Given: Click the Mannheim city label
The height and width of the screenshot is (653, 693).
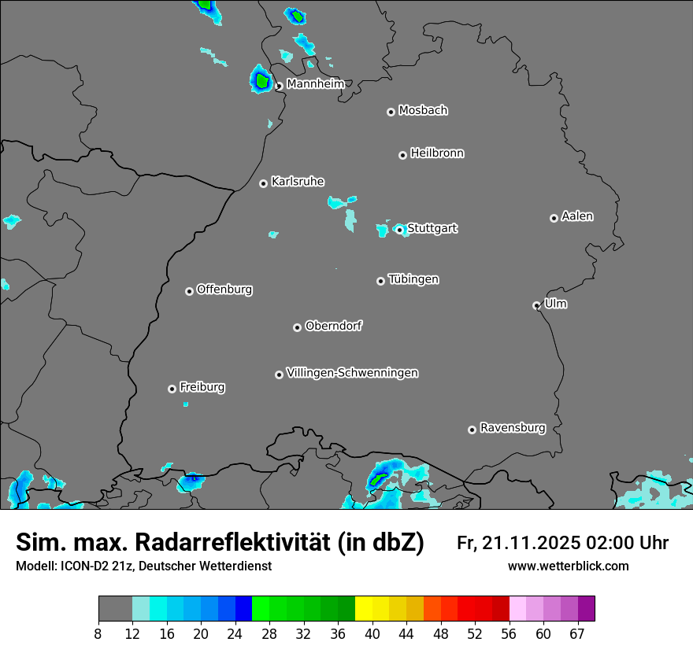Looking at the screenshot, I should coord(314,84).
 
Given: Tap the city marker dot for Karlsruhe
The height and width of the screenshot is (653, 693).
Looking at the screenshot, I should coord(264,183).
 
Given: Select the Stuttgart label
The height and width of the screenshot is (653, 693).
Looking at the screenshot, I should coord(432,229).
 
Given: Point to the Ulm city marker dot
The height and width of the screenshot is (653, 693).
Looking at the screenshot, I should coord(536,305).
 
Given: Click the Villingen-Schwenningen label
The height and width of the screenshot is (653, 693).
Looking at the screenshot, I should coord(352,373).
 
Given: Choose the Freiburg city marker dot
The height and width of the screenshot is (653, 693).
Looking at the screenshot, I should coord(172,389).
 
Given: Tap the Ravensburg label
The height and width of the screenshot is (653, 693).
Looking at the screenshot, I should coord(512,429).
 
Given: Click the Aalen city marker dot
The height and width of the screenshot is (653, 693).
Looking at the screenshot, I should coord(554,218).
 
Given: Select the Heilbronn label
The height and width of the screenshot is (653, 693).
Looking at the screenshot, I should coord(437,153).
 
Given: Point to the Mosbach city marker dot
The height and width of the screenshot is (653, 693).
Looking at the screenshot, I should coord(391,112).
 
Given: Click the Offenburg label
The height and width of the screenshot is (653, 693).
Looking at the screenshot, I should coord(224,290).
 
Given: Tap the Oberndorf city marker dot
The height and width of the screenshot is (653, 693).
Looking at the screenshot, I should coord(297,327).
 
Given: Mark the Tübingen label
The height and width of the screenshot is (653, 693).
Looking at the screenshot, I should coord(413,280).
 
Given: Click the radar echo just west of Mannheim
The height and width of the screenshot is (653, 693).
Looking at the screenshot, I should coord(261,79).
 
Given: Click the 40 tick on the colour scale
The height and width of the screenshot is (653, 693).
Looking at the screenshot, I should coord(372,633).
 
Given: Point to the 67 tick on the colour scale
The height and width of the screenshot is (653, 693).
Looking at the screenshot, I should coord(577,633).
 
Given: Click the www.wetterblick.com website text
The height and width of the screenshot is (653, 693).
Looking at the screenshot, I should coord(568,566).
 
